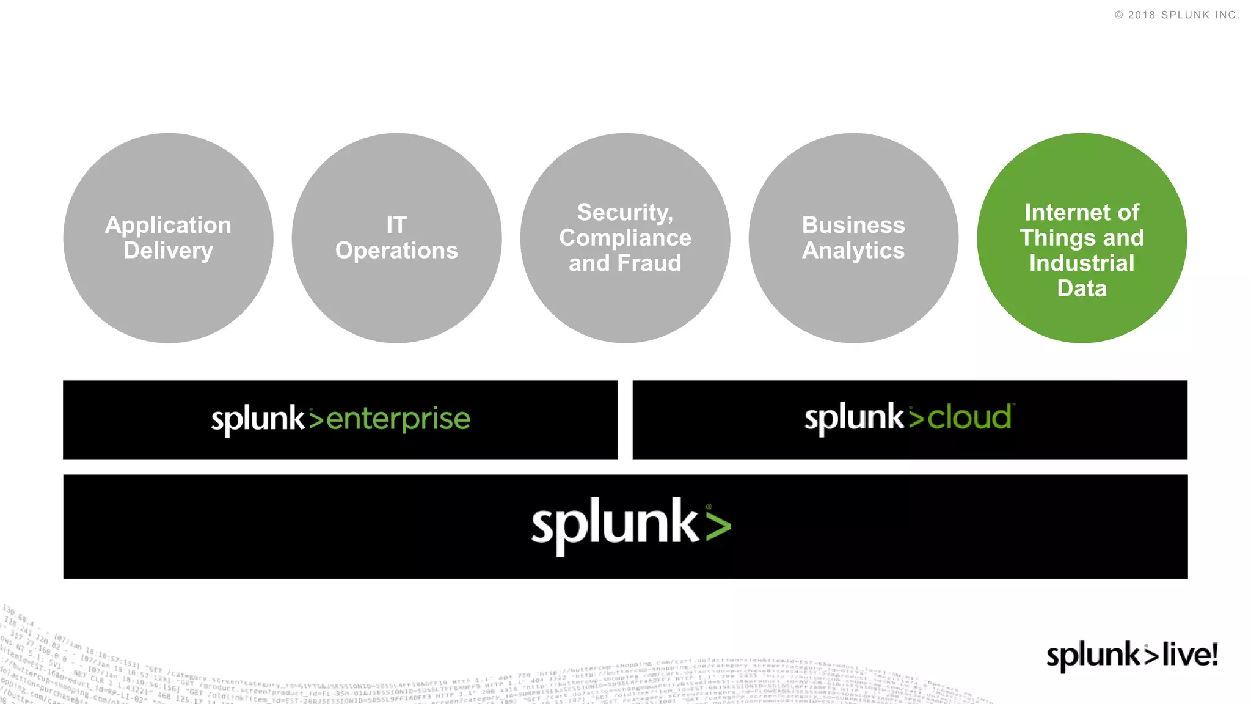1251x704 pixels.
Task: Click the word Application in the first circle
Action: [x=168, y=226]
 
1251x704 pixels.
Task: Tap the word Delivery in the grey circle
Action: [x=168, y=251]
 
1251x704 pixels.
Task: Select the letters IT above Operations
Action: [x=396, y=225]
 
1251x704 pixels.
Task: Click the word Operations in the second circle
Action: [x=396, y=251]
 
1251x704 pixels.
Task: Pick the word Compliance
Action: [x=625, y=238]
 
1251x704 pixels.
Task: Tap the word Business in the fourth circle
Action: [x=853, y=225]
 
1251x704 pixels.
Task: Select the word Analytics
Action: [x=853, y=251]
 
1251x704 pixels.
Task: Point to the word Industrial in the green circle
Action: [x=1082, y=263]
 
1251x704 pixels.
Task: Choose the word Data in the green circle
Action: [x=1082, y=288]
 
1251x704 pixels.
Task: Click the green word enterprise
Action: [x=398, y=419]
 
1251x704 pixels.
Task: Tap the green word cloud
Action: [x=969, y=418]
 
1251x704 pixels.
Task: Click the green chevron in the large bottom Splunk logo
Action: [x=718, y=527]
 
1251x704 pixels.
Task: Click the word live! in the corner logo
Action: [x=1190, y=654]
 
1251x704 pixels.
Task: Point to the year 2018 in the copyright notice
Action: [x=1142, y=15]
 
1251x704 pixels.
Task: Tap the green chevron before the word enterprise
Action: [x=316, y=419]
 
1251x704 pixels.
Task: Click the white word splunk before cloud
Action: [x=853, y=418]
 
